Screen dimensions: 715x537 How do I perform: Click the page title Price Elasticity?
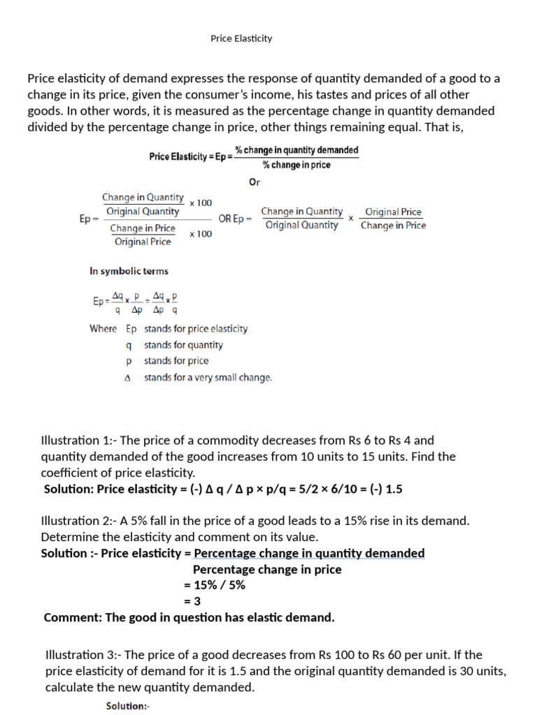[241, 38]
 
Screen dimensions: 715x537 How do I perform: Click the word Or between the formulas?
[255, 183]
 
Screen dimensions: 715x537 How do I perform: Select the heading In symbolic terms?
[129, 271]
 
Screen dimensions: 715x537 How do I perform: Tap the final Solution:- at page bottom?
[127, 706]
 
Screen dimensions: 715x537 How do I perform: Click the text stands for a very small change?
[208, 378]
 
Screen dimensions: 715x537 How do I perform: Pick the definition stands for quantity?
[183, 345]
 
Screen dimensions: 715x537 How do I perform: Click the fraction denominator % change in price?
[296, 165]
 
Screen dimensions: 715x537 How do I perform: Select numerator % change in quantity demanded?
[296, 150]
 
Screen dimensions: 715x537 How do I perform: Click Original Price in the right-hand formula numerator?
[393, 212]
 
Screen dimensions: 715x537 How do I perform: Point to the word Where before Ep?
[103, 328]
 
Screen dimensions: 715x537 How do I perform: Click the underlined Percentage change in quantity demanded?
[309, 553]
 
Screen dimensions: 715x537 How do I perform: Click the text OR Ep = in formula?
[235, 219]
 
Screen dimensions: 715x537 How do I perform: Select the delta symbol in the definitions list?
[127, 378]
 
